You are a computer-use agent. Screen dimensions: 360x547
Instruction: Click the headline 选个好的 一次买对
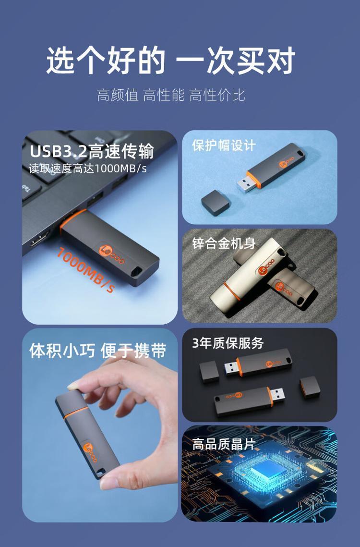tap(171, 61)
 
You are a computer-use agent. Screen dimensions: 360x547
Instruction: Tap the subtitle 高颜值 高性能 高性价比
tap(171, 95)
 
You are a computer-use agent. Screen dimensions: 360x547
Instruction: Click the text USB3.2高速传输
tap(92, 151)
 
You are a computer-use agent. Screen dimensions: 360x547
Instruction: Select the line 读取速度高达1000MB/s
tap(87, 169)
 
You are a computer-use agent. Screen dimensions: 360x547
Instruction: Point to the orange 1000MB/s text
tap(85, 269)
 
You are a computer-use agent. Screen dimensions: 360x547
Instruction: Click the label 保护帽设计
tap(224, 146)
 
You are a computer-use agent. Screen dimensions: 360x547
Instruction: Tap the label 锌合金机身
tap(224, 243)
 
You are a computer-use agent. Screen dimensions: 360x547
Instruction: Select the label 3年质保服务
tap(228, 343)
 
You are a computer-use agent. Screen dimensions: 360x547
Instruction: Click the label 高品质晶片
tap(224, 444)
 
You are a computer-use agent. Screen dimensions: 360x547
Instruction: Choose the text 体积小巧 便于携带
tap(97, 351)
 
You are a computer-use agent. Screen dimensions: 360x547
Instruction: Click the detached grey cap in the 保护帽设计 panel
tap(216, 202)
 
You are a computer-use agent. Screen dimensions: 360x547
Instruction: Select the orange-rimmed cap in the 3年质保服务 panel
tap(310, 387)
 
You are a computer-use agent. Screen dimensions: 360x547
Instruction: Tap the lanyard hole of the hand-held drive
tap(100, 473)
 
